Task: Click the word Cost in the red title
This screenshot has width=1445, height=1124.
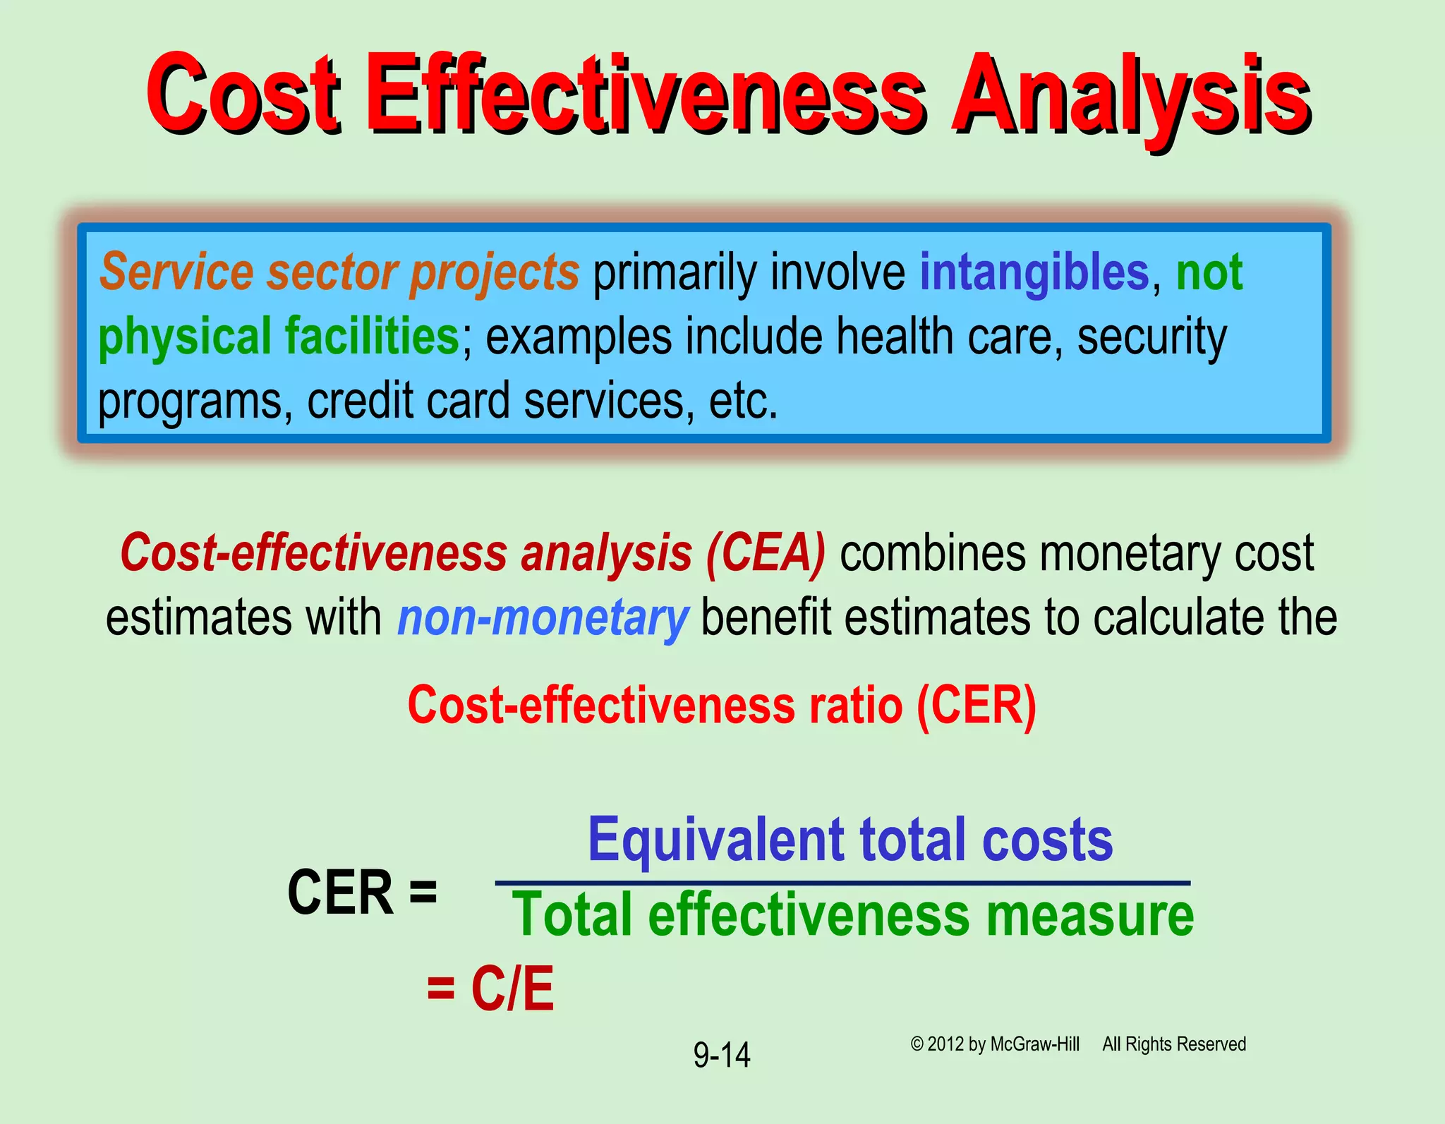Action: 243,95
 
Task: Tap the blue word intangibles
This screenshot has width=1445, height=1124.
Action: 1034,272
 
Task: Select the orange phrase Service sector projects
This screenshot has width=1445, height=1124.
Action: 339,272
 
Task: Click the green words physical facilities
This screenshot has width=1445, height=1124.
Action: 279,337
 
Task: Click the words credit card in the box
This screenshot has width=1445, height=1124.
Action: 409,401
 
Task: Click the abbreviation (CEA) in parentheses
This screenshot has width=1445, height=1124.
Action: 766,552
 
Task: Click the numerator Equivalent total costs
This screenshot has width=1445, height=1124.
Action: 850,840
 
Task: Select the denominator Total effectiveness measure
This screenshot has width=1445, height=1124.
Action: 852,915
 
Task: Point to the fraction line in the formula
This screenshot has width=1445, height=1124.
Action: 842,883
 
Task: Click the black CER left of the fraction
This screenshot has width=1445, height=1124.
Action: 340,893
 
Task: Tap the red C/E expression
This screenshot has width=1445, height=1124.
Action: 512,988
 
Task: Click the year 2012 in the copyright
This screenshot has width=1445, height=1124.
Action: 945,1044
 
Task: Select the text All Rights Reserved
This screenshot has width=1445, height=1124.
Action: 1174,1044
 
